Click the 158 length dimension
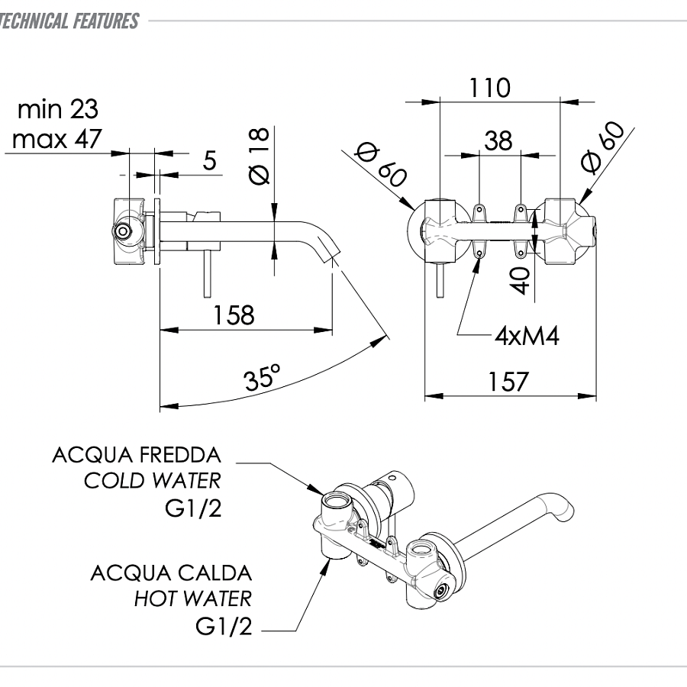point(234,315)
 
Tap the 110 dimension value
point(490,88)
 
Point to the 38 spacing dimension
point(498,140)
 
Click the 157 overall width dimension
point(508,382)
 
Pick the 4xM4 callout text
point(527,337)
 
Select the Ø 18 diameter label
point(260,156)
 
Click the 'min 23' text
point(58,109)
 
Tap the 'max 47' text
point(57,140)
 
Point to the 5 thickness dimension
point(210,160)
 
